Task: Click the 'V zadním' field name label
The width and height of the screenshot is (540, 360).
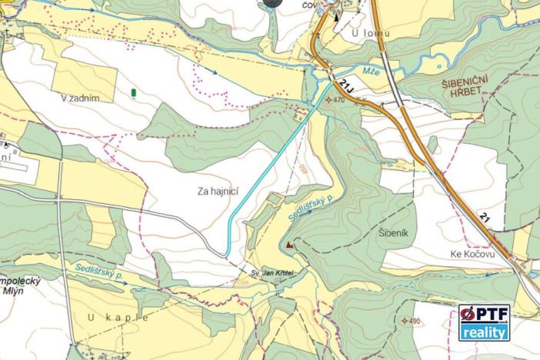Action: [82, 98]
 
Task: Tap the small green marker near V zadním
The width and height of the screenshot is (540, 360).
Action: [135, 93]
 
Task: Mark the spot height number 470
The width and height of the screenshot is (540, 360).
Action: [338, 100]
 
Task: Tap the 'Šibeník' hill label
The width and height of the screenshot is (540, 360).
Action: [397, 230]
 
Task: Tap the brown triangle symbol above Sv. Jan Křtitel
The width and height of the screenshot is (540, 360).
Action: [289, 246]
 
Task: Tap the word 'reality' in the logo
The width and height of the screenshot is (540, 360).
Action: [485, 332]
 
